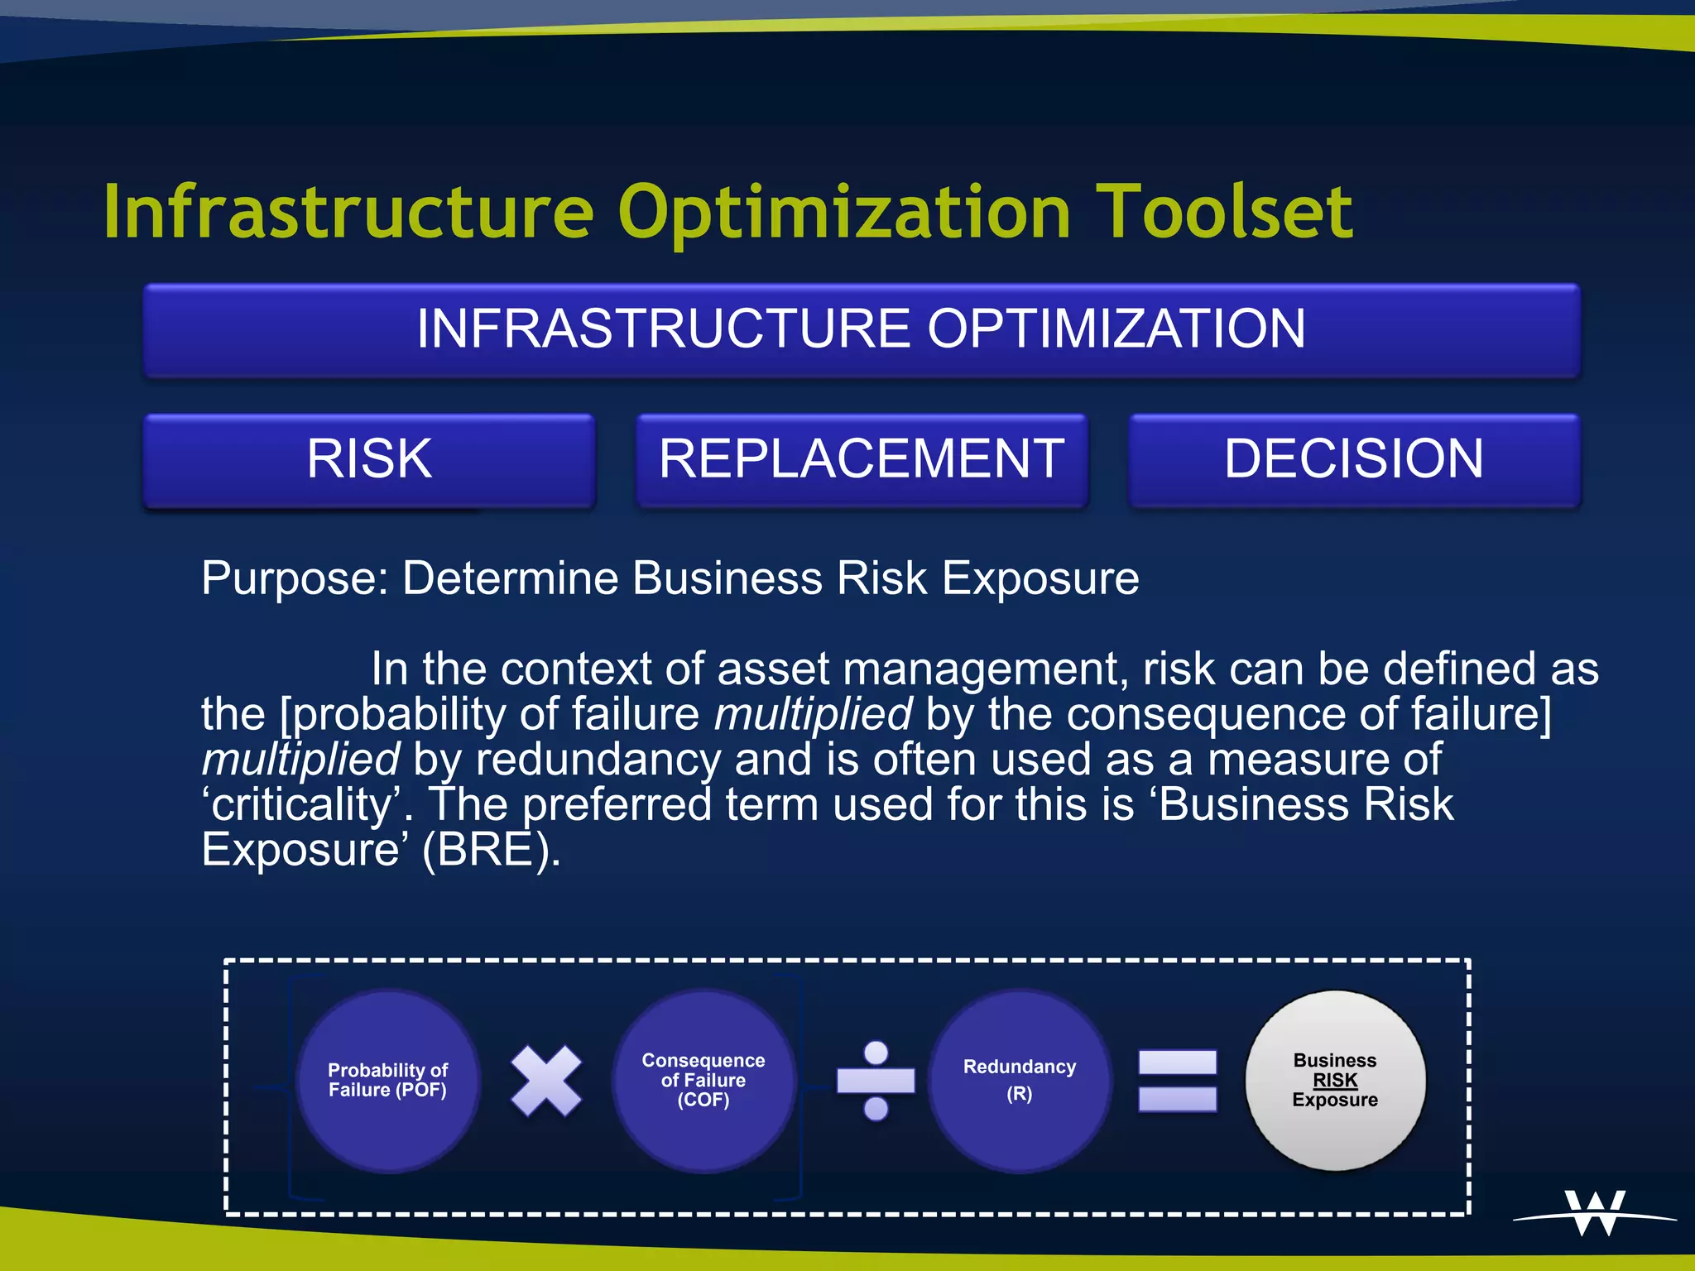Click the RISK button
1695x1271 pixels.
tap(369, 459)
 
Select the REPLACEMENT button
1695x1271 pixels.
tap(862, 459)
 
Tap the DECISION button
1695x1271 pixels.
tap(1354, 459)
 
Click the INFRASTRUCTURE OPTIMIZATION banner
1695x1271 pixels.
tap(862, 329)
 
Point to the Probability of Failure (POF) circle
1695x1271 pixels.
tap(387, 1081)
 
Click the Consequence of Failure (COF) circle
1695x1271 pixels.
tap(703, 1081)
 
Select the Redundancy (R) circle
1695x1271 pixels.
tap(1020, 1081)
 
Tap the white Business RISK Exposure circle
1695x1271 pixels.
tap(1335, 1081)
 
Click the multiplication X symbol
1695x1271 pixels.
tap(546, 1081)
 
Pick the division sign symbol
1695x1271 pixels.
tap(876, 1081)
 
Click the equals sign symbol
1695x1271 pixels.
tap(1177, 1081)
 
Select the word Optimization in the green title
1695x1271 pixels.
tap(844, 213)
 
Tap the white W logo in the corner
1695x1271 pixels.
tap(1595, 1213)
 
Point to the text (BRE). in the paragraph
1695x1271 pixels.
tap(492, 850)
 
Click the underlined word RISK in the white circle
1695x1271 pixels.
tap(1335, 1081)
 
